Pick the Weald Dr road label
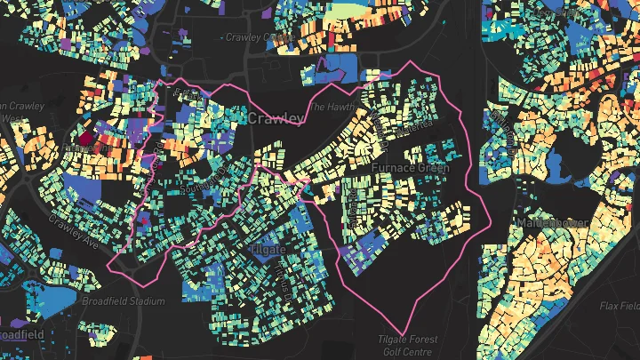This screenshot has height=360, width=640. (352, 204)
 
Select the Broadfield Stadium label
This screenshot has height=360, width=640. (123, 301)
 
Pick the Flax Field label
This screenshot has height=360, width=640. (619, 306)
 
